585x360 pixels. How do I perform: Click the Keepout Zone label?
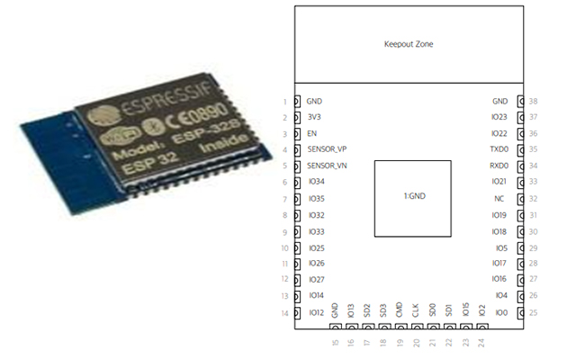[x=409, y=44]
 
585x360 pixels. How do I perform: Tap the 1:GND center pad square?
[x=412, y=197]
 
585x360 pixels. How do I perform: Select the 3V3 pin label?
[x=313, y=117]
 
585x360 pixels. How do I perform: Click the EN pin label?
[x=311, y=133]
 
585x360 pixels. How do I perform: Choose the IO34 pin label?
[x=316, y=182]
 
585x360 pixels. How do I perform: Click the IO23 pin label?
[x=499, y=117]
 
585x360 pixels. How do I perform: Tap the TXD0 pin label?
[x=499, y=149]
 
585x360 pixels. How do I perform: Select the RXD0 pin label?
[x=499, y=166]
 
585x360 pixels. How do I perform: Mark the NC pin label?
[x=499, y=199]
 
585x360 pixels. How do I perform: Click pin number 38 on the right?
[x=534, y=102]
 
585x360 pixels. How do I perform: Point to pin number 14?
[x=285, y=313]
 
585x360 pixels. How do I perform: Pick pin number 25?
[x=534, y=313]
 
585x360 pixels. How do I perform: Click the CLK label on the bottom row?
[x=416, y=310]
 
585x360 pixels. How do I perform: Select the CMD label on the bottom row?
[x=400, y=310]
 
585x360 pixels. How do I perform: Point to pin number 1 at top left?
[x=285, y=102]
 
